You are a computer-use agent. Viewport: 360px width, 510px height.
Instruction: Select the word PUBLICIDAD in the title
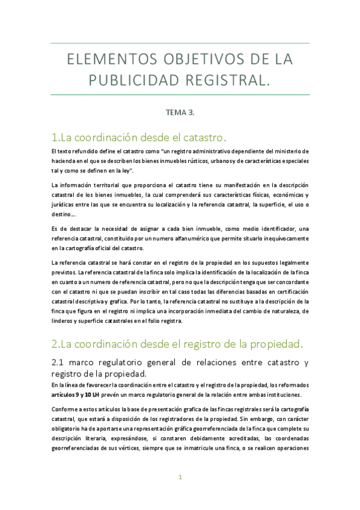[x=135, y=80]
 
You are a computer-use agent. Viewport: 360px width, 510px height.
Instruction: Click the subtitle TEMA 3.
[x=180, y=112]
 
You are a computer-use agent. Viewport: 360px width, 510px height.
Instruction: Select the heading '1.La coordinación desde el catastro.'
[x=139, y=136]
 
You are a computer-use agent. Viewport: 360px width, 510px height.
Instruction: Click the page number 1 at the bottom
[x=180, y=478]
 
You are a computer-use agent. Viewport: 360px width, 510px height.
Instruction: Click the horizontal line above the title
[x=180, y=43]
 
